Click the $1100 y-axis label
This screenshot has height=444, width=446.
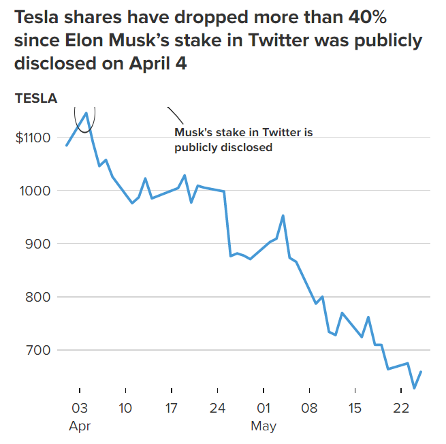[x=32, y=138]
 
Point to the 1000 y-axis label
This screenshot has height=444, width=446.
[x=34, y=191]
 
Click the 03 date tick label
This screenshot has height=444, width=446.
[x=80, y=409]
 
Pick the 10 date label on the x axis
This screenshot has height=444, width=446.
[x=125, y=409]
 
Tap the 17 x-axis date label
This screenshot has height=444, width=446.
[x=171, y=409]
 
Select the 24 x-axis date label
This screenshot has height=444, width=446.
[x=217, y=409]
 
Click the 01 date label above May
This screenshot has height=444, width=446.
[x=264, y=409]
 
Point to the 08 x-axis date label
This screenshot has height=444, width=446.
[x=310, y=409]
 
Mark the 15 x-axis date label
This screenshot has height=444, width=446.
[x=355, y=409]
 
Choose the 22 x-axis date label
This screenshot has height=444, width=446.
[x=401, y=409]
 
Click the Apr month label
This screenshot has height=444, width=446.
[x=79, y=427]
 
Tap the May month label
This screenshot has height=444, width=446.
[x=264, y=427]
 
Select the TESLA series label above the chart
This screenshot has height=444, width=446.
[x=36, y=98]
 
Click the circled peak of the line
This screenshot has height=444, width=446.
[x=86, y=113]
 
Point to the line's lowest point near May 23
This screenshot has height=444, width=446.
[x=415, y=388]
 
